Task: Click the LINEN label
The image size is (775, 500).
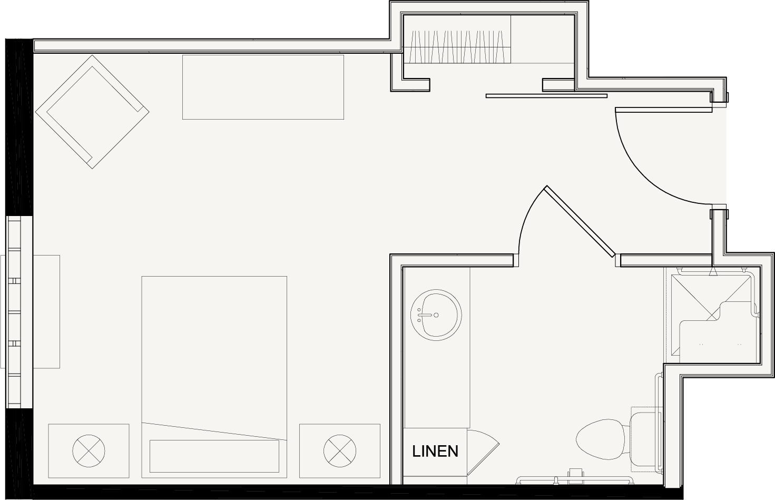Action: pyautogui.click(x=435, y=451)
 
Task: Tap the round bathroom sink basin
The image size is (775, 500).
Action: pyautogui.click(x=436, y=315)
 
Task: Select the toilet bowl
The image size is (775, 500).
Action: pyautogui.click(x=600, y=439)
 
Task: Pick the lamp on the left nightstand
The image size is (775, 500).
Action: pyautogui.click(x=89, y=451)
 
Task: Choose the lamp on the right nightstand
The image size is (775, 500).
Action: pyautogui.click(x=340, y=451)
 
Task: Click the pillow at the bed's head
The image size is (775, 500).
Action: pyautogui.click(x=214, y=456)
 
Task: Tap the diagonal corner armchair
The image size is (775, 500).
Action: pyautogui.click(x=92, y=112)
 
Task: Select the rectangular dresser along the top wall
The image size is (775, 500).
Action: pyautogui.click(x=263, y=87)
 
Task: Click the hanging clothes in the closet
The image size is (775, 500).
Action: pyautogui.click(x=457, y=47)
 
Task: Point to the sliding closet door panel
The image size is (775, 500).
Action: pyautogui.click(x=546, y=96)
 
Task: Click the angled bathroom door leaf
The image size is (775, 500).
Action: pyautogui.click(x=580, y=221)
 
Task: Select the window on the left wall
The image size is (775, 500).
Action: pyautogui.click(x=14, y=312)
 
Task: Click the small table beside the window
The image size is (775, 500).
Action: pyautogui.click(x=46, y=312)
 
